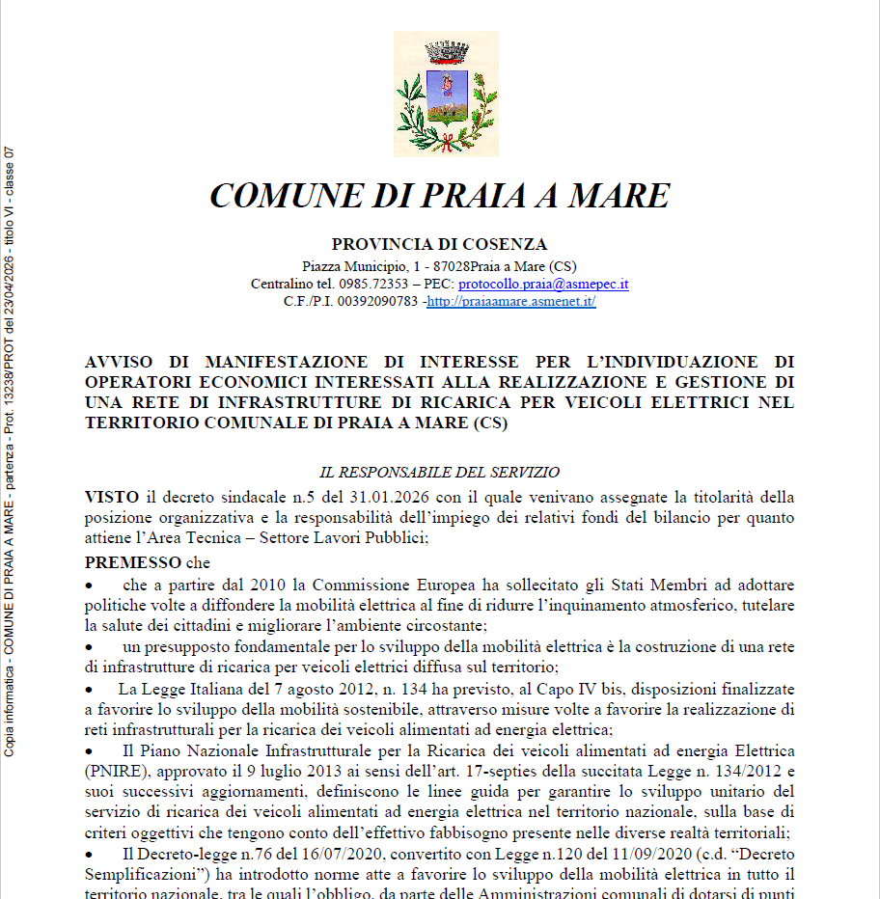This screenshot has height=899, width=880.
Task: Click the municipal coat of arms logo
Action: [x=446, y=95]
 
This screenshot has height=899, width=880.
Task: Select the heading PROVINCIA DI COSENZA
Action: [x=439, y=244]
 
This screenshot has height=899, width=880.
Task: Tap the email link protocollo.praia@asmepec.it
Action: [x=543, y=285]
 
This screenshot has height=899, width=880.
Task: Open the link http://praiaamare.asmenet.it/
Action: [x=511, y=302]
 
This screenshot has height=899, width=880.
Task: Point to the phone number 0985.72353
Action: [x=373, y=285]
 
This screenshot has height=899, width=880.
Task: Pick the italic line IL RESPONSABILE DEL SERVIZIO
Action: [x=439, y=473]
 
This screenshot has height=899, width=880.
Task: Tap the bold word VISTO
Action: [x=112, y=498]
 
